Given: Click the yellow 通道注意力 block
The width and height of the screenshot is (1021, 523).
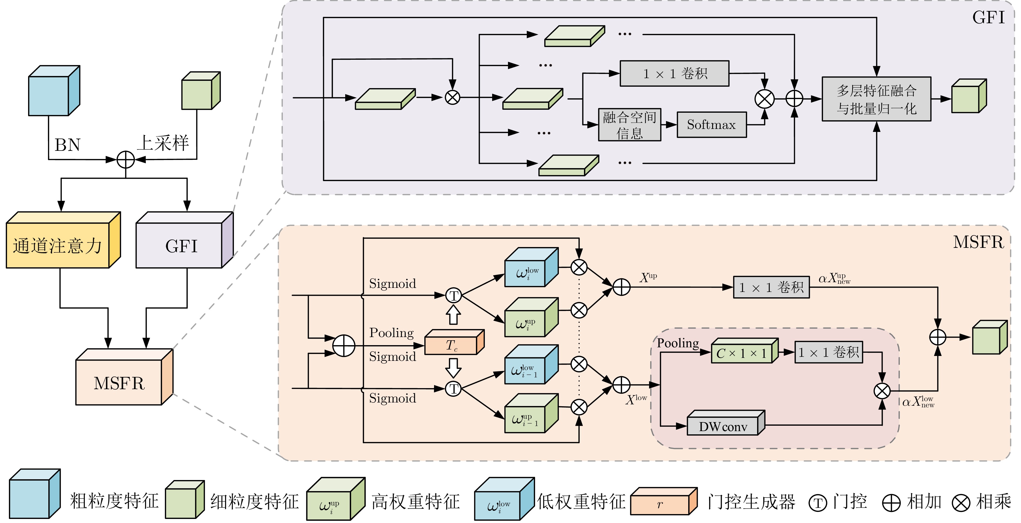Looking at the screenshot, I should pyautogui.click(x=58, y=245).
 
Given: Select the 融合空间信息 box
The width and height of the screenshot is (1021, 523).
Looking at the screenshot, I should pyautogui.click(x=629, y=125).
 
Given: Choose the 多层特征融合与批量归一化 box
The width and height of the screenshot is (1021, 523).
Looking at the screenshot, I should pyautogui.click(x=876, y=99).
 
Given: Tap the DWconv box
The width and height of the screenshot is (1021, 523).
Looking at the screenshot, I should pyautogui.click(x=723, y=426).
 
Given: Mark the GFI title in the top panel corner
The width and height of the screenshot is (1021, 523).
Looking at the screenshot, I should pyautogui.click(x=988, y=18).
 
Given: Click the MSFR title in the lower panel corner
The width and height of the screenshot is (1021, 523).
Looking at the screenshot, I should pyautogui.click(x=978, y=242).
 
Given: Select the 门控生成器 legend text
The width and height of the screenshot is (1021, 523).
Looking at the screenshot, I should pyautogui.click(x=751, y=502).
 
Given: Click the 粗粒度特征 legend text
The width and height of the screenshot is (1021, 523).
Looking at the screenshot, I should pyautogui.click(x=114, y=501).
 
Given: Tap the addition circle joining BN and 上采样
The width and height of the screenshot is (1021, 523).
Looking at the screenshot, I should pyautogui.click(x=126, y=160).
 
